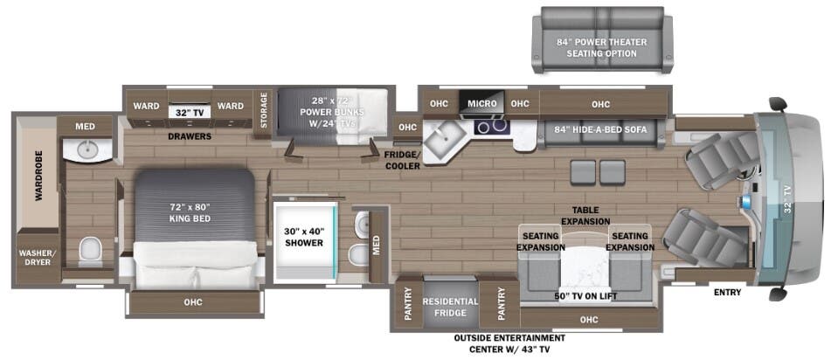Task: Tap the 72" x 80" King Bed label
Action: [190, 212]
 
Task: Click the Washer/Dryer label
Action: [36, 259]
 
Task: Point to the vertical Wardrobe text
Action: [38, 180]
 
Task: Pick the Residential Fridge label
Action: [450, 307]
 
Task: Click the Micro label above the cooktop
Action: [481, 104]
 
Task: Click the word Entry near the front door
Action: [727, 293]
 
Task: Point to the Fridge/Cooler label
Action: [402, 160]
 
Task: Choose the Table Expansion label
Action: [585, 216]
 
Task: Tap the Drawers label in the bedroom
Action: [190, 135]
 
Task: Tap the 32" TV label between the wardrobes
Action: [189, 112]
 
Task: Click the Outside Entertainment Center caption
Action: [509, 343]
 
